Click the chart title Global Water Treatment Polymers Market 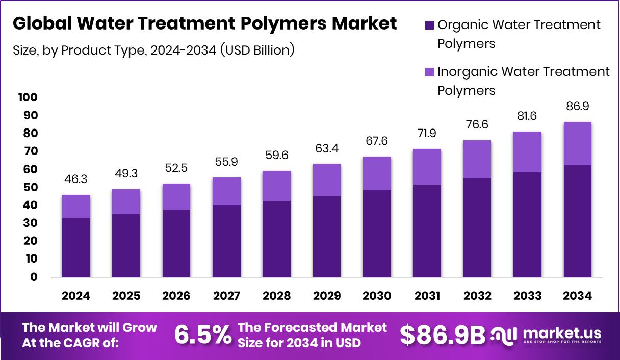pyautogui.click(x=204, y=23)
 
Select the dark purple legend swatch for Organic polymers pyautogui.click(x=429, y=24)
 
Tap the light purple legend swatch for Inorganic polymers pyautogui.click(x=429, y=72)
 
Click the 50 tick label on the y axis pyautogui.click(x=30, y=187)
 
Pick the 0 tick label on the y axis pyautogui.click(x=34, y=277)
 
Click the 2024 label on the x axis pyautogui.click(x=76, y=296)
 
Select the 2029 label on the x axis pyautogui.click(x=327, y=296)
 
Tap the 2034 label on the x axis pyautogui.click(x=577, y=296)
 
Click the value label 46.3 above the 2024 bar pyautogui.click(x=76, y=180)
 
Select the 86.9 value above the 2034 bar pyautogui.click(x=577, y=107)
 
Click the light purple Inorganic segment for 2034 pyautogui.click(x=577, y=143)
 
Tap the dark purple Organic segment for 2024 pyautogui.click(x=76, y=247)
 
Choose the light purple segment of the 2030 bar pyautogui.click(x=377, y=173)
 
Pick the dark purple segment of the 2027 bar pyautogui.click(x=226, y=241)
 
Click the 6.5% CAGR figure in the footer pyautogui.click(x=202, y=335)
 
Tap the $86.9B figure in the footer pyautogui.click(x=442, y=335)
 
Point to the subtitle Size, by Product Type pyautogui.click(x=153, y=50)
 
